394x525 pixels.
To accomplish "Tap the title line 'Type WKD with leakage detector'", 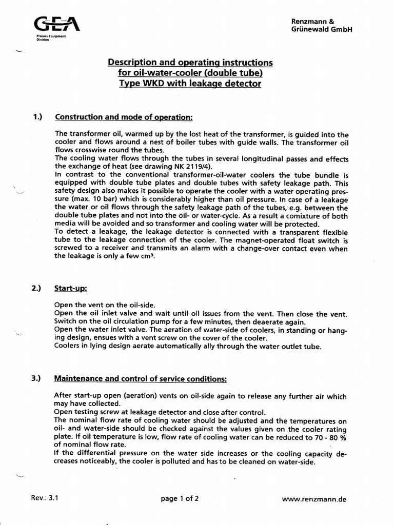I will pyautogui.click(x=190, y=84).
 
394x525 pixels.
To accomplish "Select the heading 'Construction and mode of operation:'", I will pyautogui.click(x=123, y=117).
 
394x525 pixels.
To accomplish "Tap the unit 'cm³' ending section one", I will pyautogui.click(x=147, y=256).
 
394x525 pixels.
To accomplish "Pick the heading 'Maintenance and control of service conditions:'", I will pyautogui.click(x=141, y=379).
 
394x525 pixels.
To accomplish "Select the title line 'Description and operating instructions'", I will pyautogui.click(x=190, y=63).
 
